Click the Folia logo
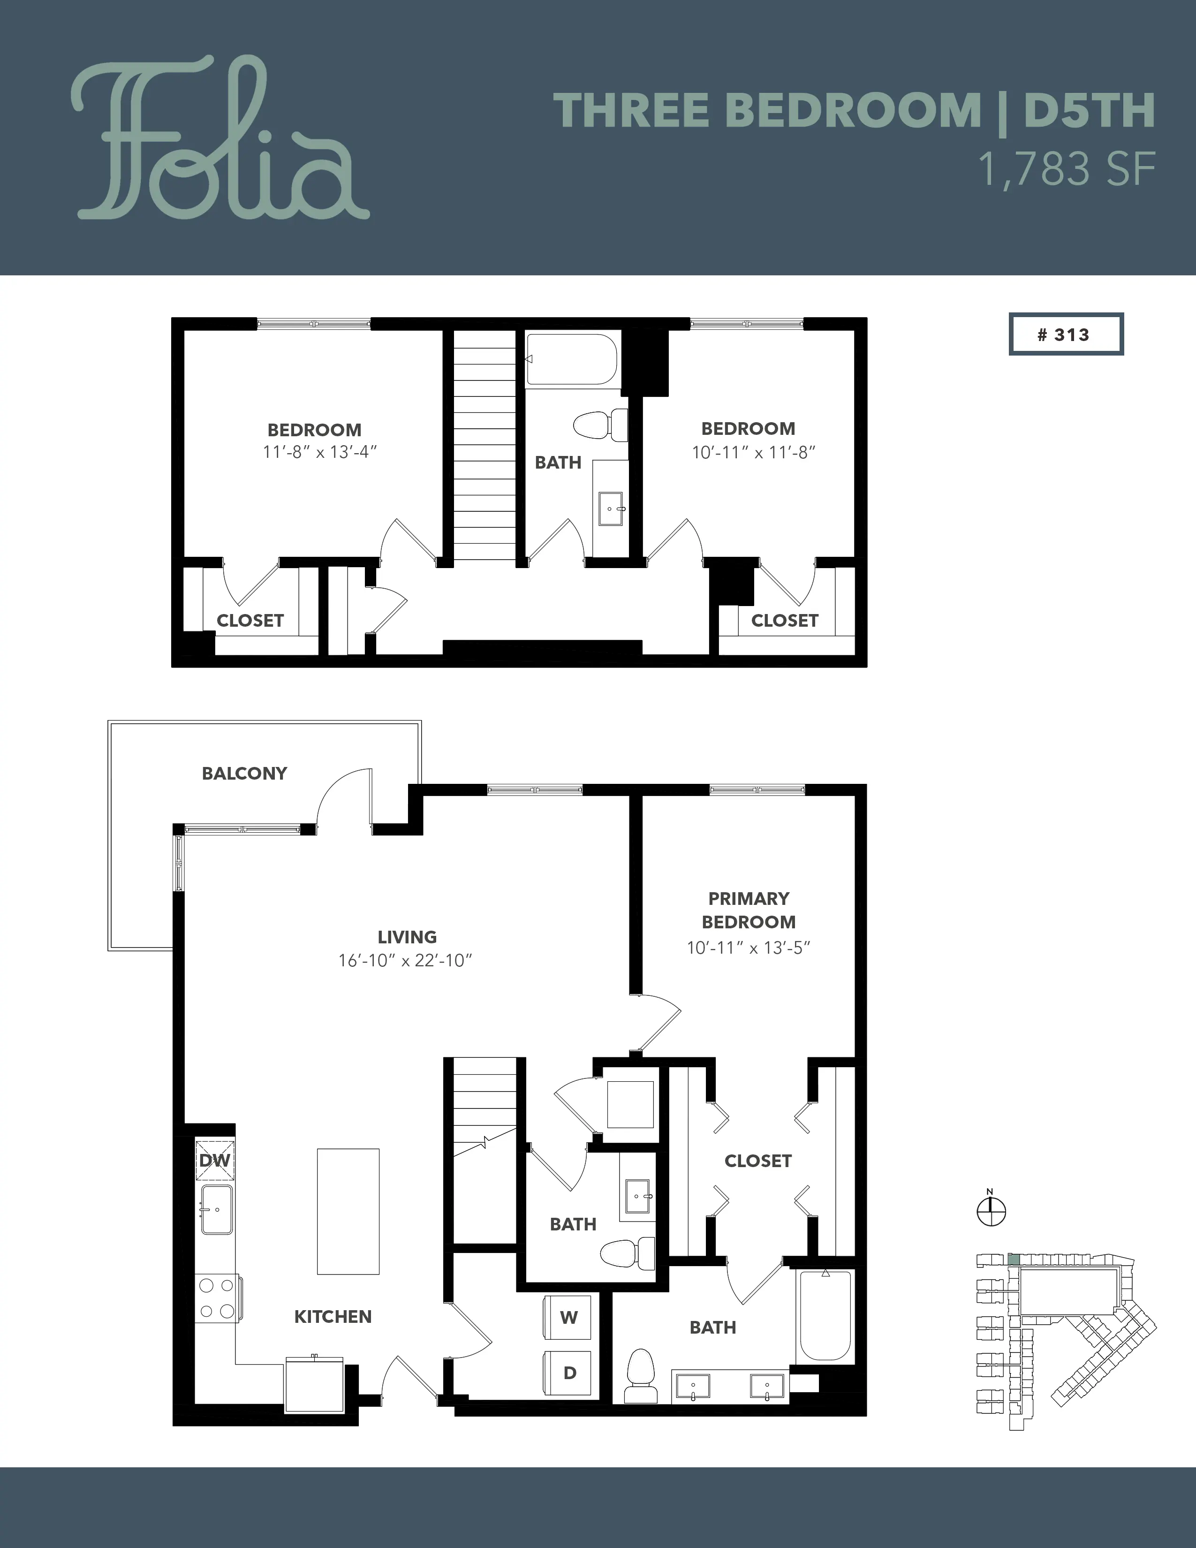[220, 139]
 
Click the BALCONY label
[244, 773]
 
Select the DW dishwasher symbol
[215, 1160]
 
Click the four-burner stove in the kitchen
[218, 1298]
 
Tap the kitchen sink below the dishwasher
[217, 1210]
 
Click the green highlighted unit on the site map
[1014, 1260]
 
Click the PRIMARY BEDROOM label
[749, 910]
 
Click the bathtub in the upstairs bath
[573, 359]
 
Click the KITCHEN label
[333, 1317]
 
